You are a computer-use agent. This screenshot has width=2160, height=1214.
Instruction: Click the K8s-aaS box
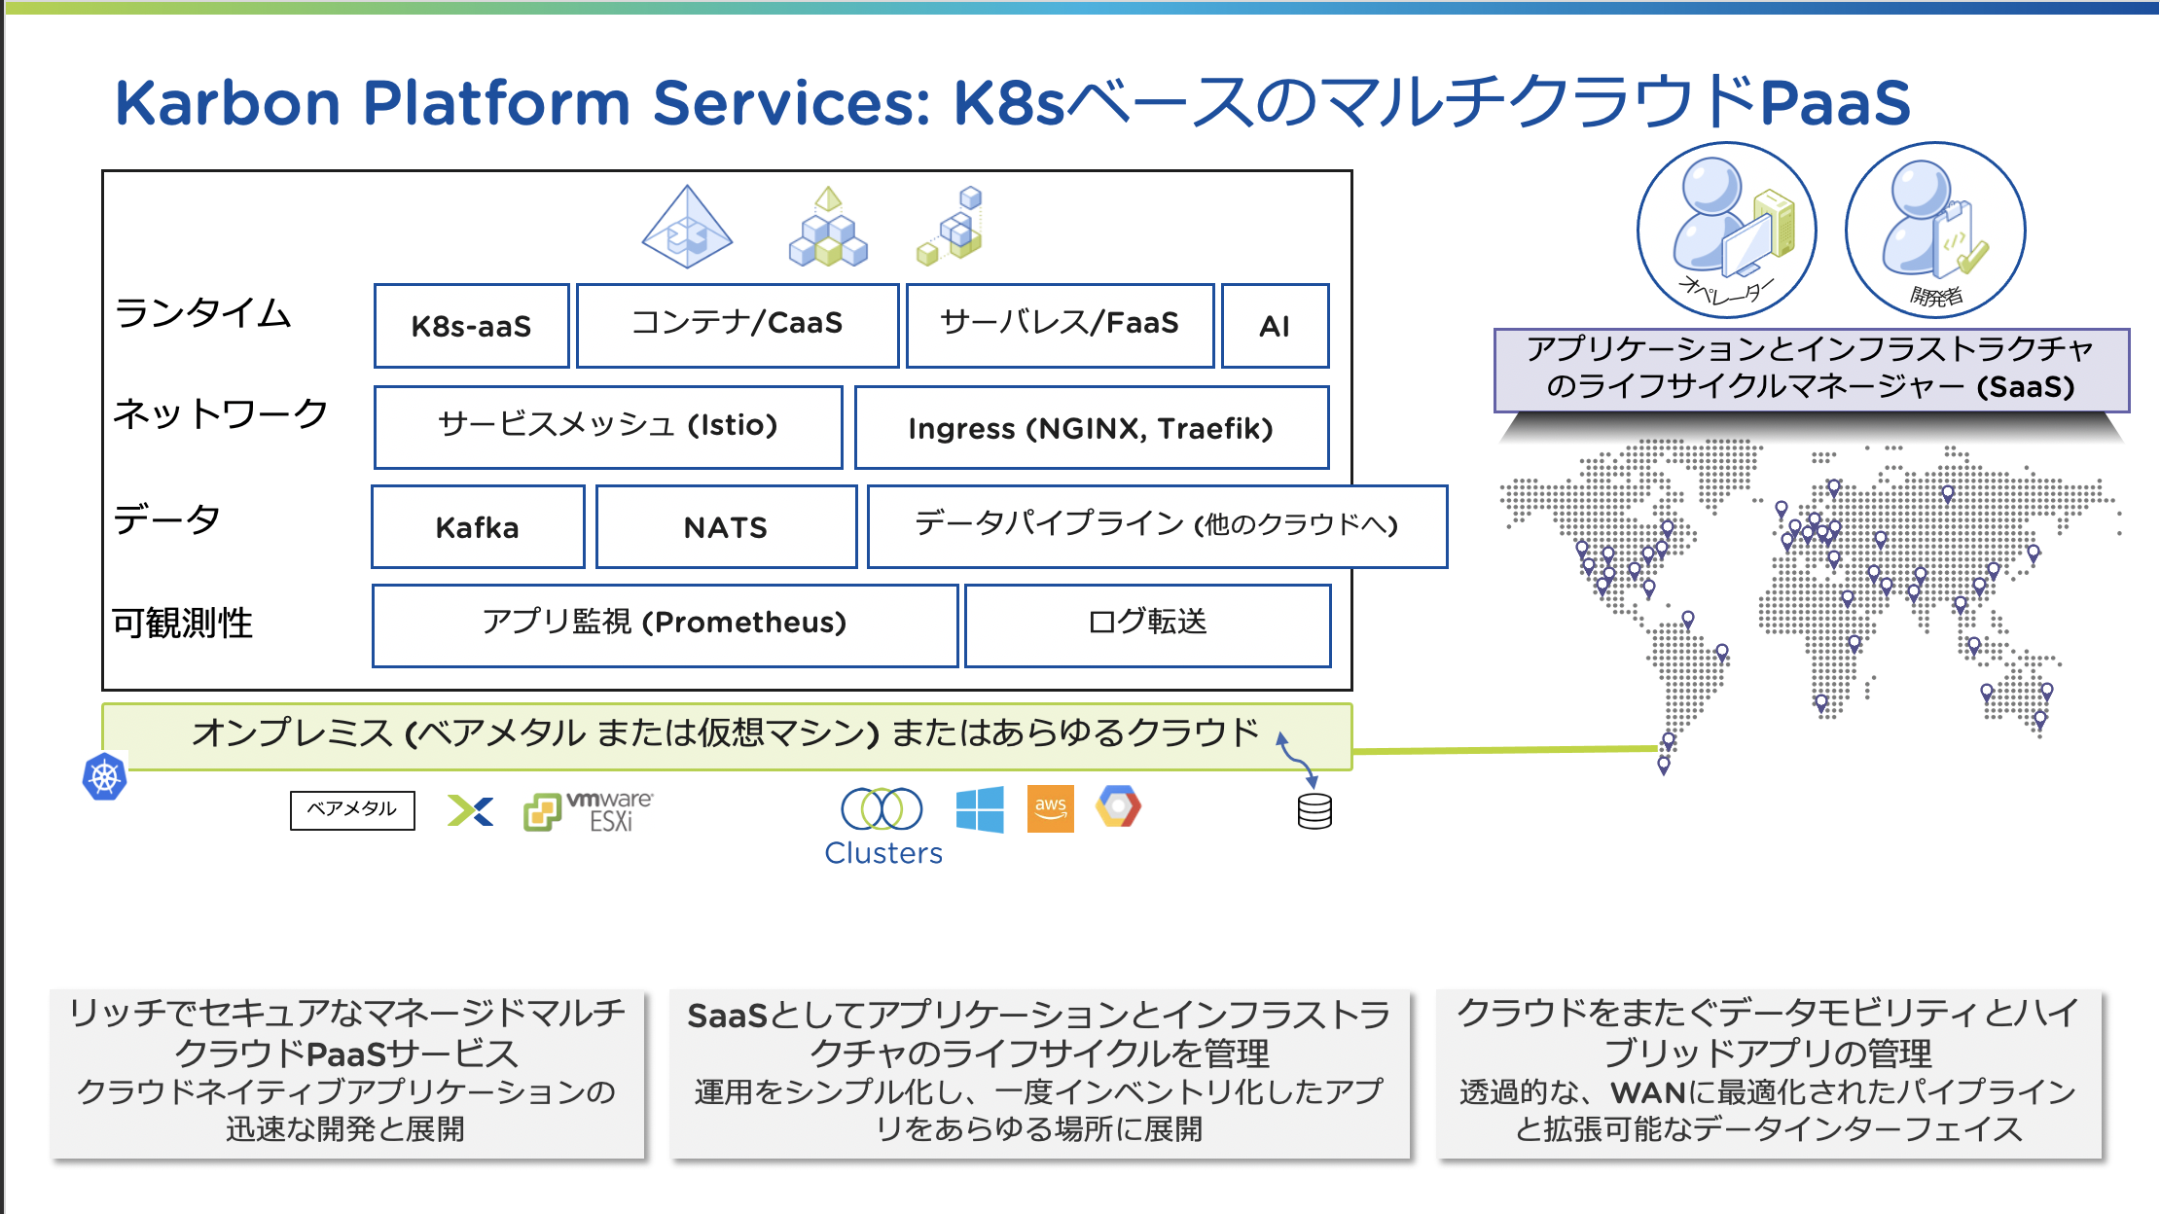[471, 326]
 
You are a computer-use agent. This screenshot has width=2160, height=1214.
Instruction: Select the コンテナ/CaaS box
[737, 325]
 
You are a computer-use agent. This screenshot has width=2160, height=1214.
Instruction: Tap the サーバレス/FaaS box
[1060, 325]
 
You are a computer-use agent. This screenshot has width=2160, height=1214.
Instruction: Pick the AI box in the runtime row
[1275, 326]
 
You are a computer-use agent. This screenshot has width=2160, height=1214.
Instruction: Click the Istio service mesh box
[608, 427]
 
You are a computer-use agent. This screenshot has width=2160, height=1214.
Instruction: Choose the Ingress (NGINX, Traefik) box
[1091, 427]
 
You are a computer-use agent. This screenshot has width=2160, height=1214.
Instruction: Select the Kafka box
[478, 526]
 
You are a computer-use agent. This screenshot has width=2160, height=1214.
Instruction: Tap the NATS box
[726, 526]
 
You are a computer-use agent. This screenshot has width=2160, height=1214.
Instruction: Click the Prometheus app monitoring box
[665, 625]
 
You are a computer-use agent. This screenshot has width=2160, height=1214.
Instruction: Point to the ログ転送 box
[1147, 625]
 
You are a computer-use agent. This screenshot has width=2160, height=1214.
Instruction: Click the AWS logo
[1051, 808]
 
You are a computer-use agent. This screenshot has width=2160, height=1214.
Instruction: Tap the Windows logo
[980, 809]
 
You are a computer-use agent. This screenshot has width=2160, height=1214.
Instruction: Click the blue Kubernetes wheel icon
[104, 777]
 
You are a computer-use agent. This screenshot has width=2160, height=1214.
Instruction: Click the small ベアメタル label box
[352, 809]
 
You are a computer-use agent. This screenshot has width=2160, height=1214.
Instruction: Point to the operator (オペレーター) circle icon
[1727, 231]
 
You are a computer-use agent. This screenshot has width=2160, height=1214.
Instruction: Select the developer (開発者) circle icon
[1935, 231]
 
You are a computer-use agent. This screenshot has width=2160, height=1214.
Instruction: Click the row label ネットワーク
[221, 414]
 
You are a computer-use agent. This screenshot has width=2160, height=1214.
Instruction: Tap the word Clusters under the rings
[883, 853]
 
